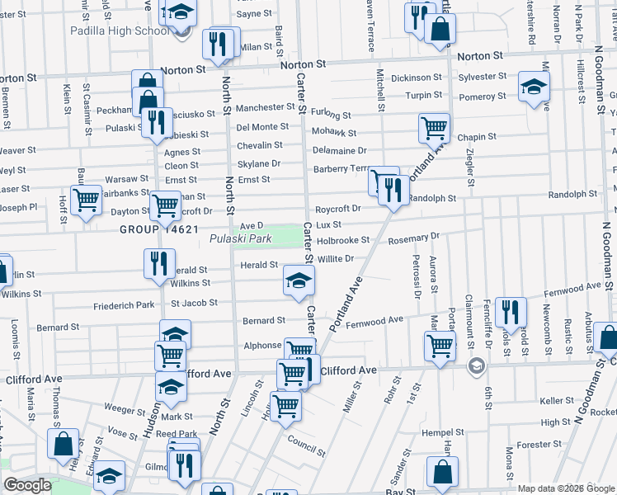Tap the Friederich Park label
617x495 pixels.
click(124, 305)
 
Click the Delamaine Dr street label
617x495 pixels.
click(340, 151)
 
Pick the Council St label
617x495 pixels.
click(307, 440)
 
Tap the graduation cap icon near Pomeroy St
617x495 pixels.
click(534, 86)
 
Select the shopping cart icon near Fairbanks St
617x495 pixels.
click(86, 199)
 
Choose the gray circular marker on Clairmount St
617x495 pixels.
click(475, 365)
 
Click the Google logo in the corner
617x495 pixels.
click(27, 485)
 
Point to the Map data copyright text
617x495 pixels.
click(566, 488)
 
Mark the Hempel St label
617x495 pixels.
click(445, 431)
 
